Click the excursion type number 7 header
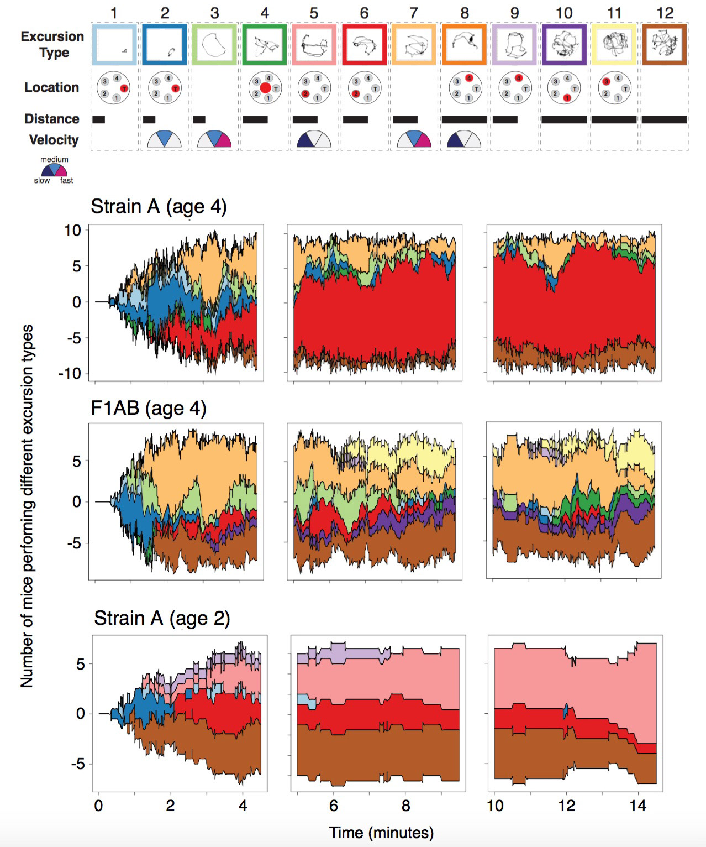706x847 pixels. tap(414, 12)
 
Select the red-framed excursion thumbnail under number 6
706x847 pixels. tap(364, 44)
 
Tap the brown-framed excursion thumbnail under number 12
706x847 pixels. tap(665, 44)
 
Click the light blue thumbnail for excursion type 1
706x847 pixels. tap(114, 44)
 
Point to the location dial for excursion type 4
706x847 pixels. tap(265, 87)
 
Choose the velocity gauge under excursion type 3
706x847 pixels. tap(214, 139)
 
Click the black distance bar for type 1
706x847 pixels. tap(99, 119)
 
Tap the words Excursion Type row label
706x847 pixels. tap(53, 44)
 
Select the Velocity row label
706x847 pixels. tap(54, 140)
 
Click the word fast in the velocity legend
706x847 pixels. tap(66, 180)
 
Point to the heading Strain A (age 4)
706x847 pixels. tap(159, 207)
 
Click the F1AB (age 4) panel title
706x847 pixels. tap(148, 409)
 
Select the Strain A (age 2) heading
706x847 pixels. tap(162, 618)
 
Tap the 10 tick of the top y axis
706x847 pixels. tap(72, 230)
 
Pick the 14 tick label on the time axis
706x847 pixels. tap(637, 806)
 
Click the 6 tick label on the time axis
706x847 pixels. tap(333, 806)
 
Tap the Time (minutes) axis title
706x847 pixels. tap(381, 832)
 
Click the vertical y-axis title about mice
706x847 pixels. tap(27, 505)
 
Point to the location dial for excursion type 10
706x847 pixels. tap(563, 87)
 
